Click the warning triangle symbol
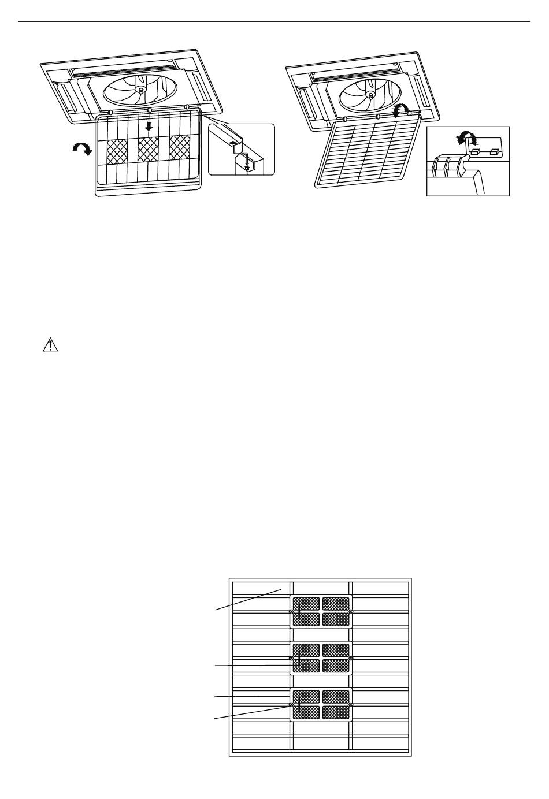(x=51, y=345)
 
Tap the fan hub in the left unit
(x=141, y=90)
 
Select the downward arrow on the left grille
(x=149, y=125)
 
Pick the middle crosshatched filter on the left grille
(x=149, y=150)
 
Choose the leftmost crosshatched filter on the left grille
(x=117, y=150)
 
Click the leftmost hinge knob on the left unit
(x=110, y=112)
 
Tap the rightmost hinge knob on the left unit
(x=187, y=107)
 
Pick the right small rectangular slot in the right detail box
(x=495, y=152)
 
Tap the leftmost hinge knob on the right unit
(x=344, y=119)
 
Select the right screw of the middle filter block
(x=351, y=658)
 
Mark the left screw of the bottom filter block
(x=291, y=705)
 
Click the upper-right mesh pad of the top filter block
(x=336, y=604)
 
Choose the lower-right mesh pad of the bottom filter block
(x=336, y=712)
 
